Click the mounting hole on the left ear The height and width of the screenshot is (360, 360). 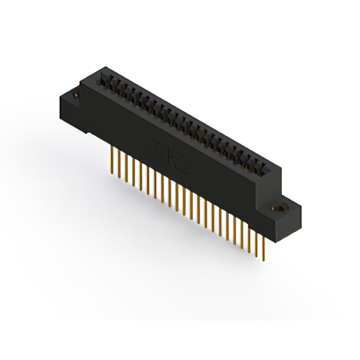75,100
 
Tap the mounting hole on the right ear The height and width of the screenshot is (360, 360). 279,209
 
